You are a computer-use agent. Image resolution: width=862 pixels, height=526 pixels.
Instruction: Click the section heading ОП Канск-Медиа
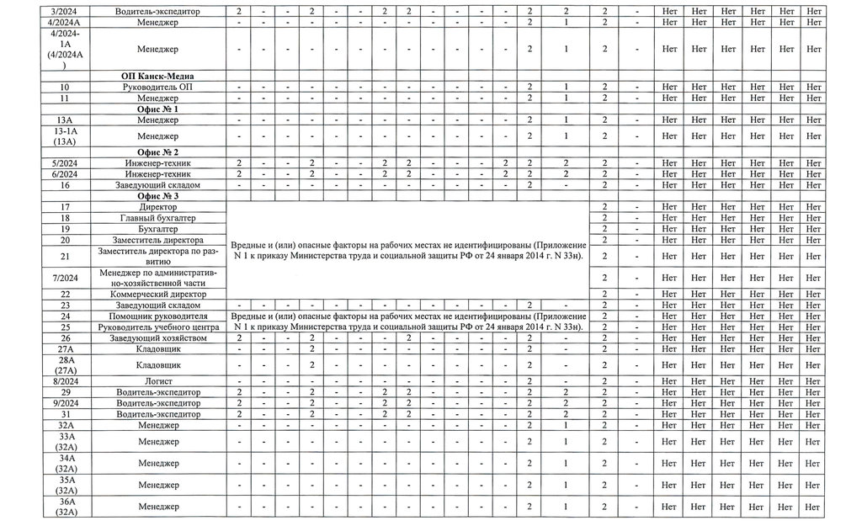[157, 76]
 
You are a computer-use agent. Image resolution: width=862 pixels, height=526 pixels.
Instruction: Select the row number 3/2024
[65, 11]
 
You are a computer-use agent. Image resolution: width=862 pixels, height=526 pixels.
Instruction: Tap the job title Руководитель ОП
[157, 88]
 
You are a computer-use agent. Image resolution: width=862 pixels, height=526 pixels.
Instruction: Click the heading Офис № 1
[157, 109]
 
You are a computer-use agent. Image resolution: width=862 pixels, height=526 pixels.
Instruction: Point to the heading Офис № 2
[157, 151]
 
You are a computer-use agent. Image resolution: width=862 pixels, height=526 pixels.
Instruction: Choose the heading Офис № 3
[157, 196]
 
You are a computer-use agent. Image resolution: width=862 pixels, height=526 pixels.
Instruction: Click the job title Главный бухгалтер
[157, 218]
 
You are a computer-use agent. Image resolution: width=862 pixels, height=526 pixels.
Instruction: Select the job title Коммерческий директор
[157, 294]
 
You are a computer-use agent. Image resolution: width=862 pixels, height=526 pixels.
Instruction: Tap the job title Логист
[157, 381]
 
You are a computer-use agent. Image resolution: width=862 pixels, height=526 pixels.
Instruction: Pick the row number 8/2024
[65, 381]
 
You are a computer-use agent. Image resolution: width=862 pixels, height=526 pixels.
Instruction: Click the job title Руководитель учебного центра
[157, 327]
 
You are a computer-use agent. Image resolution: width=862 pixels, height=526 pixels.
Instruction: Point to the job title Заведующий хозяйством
[157, 337]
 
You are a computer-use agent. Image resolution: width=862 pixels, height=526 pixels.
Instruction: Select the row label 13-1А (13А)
[65, 136]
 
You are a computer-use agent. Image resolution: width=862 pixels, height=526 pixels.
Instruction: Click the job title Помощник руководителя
[157, 316]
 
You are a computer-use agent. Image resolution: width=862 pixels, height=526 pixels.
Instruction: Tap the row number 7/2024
[65, 278]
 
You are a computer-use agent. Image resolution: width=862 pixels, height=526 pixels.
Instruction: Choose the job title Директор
[157, 207]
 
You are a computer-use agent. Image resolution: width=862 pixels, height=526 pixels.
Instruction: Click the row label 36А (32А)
[65, 507]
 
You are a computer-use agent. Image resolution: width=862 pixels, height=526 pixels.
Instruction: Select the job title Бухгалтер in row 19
[157, 229]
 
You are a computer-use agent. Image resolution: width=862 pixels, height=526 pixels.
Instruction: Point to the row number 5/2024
[65, 162]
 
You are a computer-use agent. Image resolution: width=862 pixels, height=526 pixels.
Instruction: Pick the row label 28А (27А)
[65, 365]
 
